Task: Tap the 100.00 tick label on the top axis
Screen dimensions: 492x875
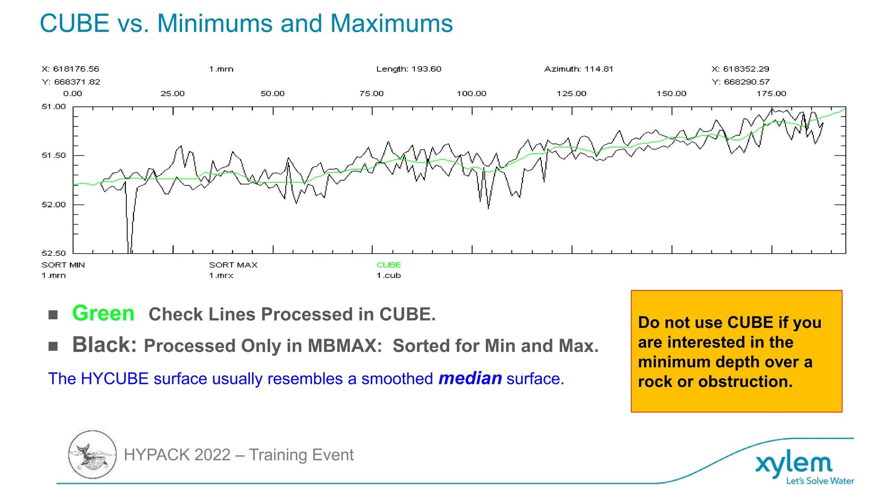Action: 471,94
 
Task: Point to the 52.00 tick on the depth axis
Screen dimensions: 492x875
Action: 54,205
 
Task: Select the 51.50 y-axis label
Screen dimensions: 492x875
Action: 54,155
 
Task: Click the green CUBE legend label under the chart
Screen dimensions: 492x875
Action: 388,265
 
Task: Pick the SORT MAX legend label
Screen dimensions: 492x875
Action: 233,265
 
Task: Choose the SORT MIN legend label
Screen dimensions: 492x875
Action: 63,265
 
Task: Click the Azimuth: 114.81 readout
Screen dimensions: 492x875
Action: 578,69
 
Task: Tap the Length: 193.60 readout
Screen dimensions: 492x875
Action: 408,69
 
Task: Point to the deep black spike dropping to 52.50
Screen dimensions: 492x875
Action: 129,239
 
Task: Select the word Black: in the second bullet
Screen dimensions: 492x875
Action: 104,345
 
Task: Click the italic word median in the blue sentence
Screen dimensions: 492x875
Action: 470,378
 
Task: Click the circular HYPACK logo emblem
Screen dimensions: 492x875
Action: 92,454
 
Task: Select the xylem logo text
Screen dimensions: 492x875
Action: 794,465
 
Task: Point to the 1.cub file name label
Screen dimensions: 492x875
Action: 388,275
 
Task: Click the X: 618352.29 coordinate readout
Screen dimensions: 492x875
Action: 740,69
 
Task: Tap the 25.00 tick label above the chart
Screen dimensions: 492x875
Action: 173,94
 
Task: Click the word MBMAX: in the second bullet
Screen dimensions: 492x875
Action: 345,346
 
